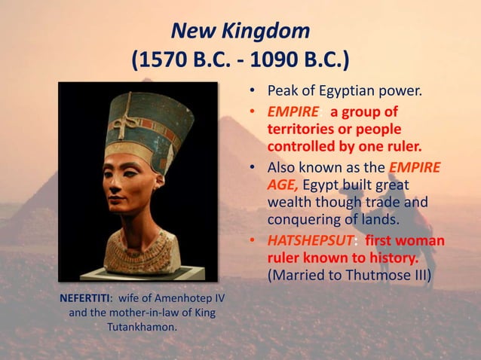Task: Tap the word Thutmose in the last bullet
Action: (x=379, y=275)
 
